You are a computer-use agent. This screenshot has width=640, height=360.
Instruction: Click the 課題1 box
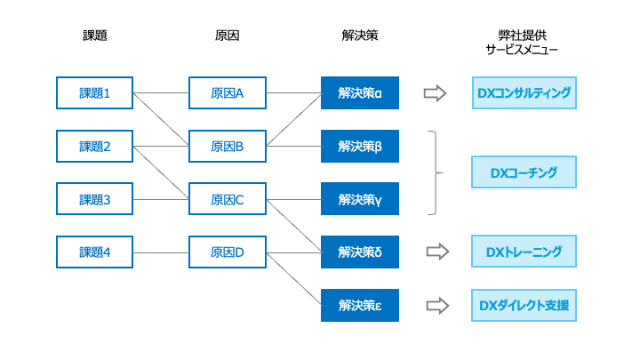tap(95, 93)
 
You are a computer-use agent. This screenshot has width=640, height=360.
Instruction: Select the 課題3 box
tap(95, 199)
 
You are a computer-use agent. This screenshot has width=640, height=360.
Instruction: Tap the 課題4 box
tap(95, 252)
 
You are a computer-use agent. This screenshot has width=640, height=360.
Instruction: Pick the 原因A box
tap(228, 93)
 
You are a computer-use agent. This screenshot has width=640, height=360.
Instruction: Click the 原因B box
tap(228, 146)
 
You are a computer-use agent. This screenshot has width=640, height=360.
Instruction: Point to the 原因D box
tap(228, 252)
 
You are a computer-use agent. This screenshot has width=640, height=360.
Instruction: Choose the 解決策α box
tap(360, 93)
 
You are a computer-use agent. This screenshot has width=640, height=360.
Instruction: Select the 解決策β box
tap(360, 146)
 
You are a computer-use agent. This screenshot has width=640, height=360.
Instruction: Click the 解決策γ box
tap(360, 199)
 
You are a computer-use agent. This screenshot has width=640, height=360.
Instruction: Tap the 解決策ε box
tap(360, 305)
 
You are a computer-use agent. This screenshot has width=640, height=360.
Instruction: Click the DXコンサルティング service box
tap(524, 93)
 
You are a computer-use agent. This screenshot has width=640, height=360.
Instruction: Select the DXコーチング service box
tap(524, 172)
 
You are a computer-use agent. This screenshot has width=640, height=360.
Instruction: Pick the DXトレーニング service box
tap(524, 252)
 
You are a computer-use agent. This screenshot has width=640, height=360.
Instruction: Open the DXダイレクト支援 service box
tap(524, 305)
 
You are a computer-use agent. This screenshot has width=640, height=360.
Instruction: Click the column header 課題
tap(95, 36)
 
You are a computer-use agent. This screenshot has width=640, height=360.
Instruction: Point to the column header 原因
tap(228, 36)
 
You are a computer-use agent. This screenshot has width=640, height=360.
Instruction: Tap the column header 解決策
tap(360, 36)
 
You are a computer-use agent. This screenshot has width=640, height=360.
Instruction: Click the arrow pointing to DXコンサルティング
tap(435, 93)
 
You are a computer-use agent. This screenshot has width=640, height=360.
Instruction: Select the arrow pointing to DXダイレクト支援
tap(437, 305)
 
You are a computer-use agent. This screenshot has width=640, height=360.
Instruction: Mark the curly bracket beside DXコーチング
tap(436, 172)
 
